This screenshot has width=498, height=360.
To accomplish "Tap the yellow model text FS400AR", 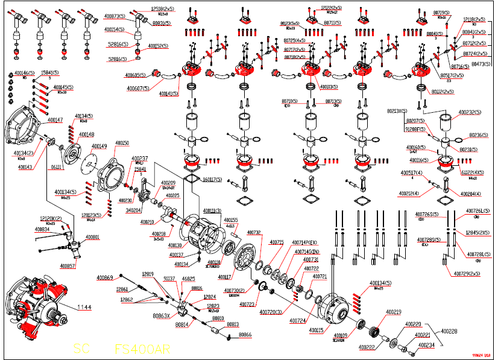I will point(142,349).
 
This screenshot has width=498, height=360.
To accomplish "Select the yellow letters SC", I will point(81,349).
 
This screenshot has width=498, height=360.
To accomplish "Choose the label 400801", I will point(92,237).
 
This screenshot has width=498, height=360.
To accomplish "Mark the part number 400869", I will point(104,277).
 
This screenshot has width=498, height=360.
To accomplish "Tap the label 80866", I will point(245,334).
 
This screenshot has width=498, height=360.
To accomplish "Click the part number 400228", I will point(449,330).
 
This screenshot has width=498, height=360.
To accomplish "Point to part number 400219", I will point(393,311).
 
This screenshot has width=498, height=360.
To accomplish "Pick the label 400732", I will point(253,232).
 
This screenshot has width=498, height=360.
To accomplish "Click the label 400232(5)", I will point(470,113).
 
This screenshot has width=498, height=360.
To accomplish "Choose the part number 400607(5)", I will point(137,89).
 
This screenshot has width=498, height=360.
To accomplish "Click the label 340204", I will point(133,210).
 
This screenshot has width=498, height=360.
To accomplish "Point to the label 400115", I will point(317,330).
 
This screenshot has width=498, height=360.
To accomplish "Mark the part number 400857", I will point(68,265).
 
